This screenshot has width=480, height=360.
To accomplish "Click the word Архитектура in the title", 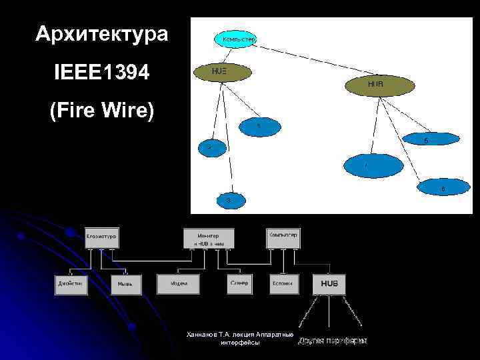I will (x=101, y=33).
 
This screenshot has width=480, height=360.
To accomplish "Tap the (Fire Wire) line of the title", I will (x=102, y=111).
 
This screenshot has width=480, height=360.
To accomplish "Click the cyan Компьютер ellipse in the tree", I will (x=235, y=39).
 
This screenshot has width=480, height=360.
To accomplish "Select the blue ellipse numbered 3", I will (x=229, y=199).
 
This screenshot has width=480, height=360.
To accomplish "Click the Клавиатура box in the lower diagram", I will (x=101, y=237).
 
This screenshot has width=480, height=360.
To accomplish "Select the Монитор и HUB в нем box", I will (x=209, y=239).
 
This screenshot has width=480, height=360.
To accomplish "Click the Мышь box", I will (x=125, y=284).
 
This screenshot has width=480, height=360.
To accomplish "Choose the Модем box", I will (x=178, y=284).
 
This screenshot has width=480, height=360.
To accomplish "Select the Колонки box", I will (x=285, y=284).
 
